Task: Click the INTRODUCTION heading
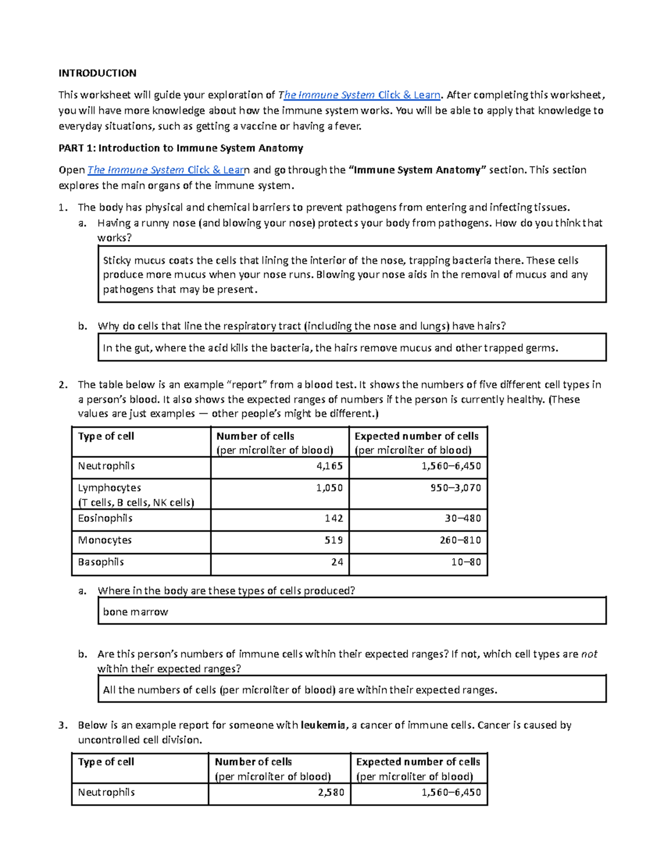97,73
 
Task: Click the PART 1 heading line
181,148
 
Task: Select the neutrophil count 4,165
330,466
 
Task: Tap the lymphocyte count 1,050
330,488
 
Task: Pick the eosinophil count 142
334,518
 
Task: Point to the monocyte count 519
334,540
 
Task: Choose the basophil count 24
337,562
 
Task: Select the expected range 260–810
460,540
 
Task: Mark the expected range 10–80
466,562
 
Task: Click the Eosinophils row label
105,518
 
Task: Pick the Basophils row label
101,562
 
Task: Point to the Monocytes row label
105,540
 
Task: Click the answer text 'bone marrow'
136,612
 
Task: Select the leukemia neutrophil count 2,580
331,792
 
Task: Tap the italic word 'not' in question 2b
589,654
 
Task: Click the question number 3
63,725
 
